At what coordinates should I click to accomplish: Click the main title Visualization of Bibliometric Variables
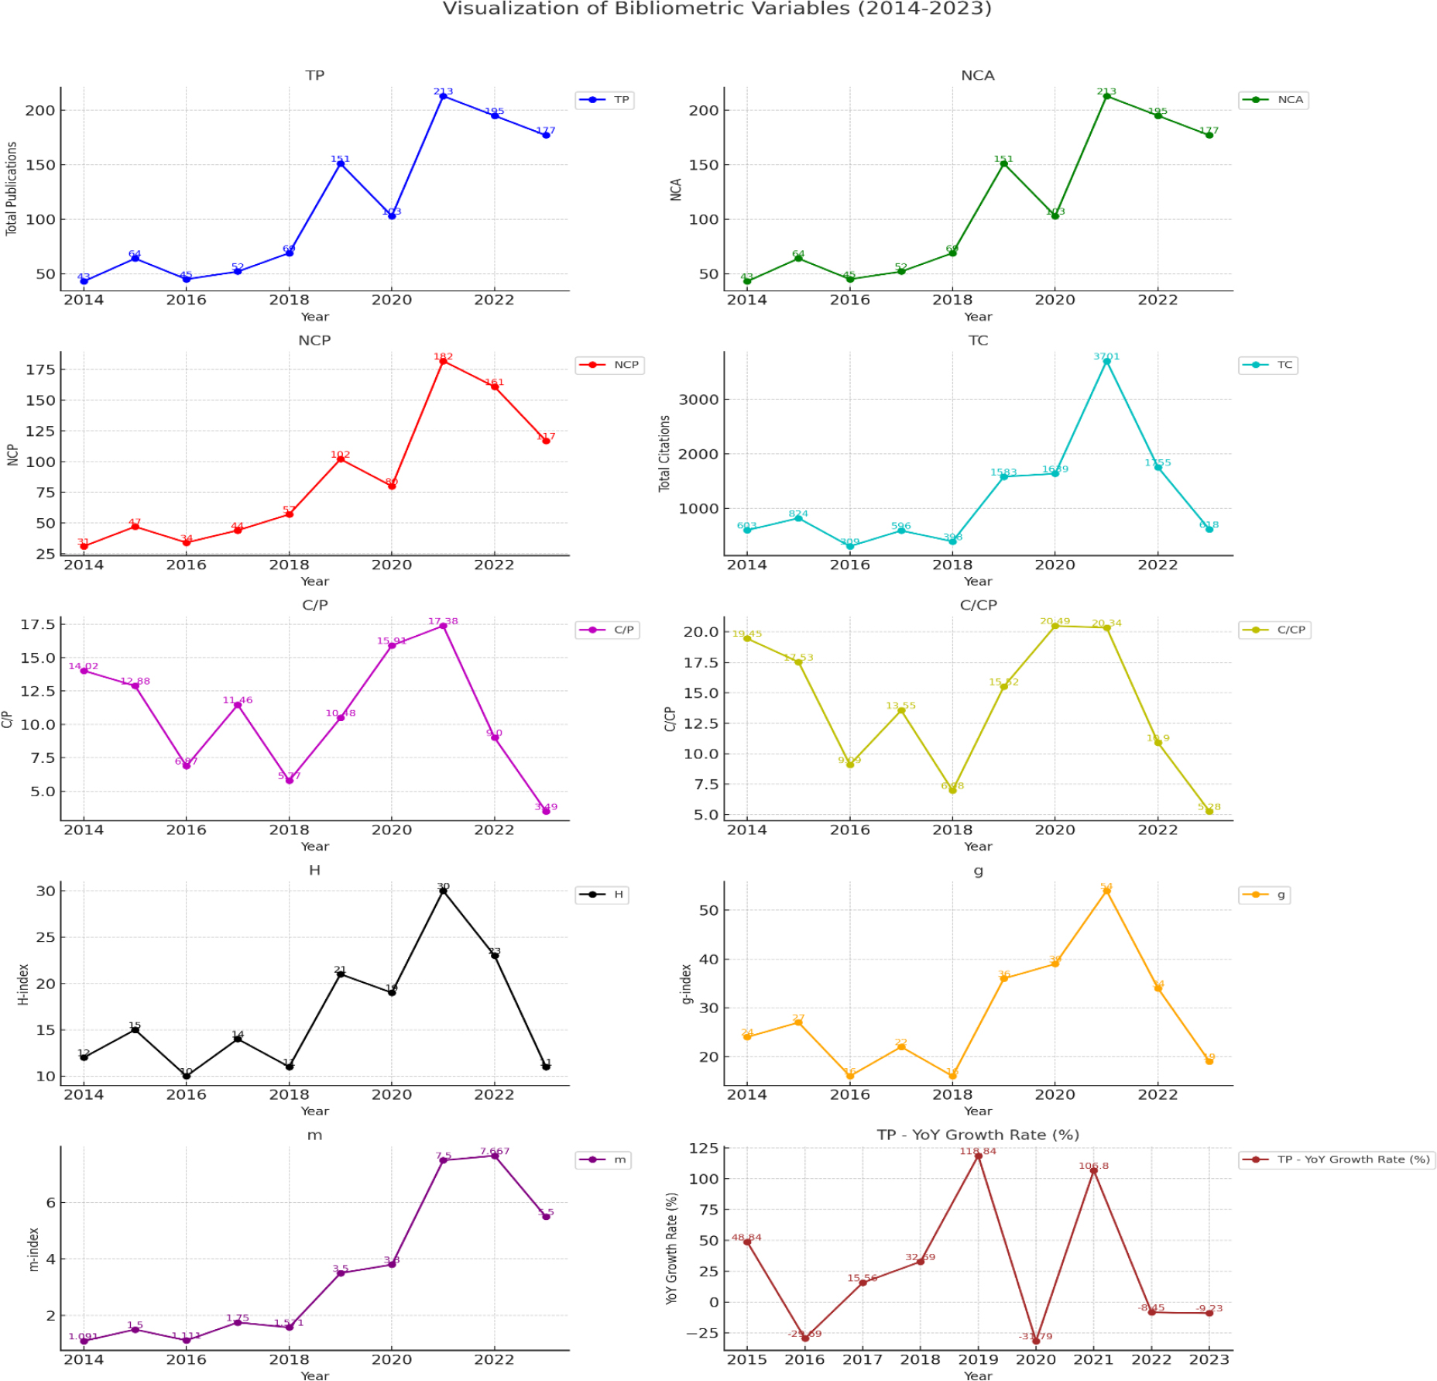tap(716, 9)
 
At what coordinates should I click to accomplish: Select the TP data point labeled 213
tap(443, 96)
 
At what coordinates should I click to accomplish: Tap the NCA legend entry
tap(1274, 100)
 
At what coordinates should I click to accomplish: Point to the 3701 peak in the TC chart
tap(1106, 362)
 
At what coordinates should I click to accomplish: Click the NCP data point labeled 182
tap(443, 362)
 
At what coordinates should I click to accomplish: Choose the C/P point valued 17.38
tap(443, 626)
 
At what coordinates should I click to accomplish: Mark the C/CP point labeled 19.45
tap(747, 639)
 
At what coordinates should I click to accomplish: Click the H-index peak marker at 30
tap(443, 891)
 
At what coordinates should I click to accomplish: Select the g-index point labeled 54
tap(1106, 891)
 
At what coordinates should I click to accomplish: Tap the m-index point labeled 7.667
tap(495, 1156)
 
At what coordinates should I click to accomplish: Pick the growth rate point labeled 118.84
tap(978, 1156)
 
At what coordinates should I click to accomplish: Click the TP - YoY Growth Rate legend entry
tap(1336, 1159)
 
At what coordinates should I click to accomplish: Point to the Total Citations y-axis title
tap(664, 454)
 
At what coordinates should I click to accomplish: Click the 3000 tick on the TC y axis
tap(698, 400)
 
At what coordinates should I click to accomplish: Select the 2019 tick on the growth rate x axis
tap(978, 1359)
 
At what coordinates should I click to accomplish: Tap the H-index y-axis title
tap(23, 984)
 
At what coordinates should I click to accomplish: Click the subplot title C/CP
tap(978, 605)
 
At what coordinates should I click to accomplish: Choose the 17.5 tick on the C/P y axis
tap(38, 624)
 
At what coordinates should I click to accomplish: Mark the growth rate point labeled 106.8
tap(1093, 1170)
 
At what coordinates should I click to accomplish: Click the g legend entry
tap(1264, 895)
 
